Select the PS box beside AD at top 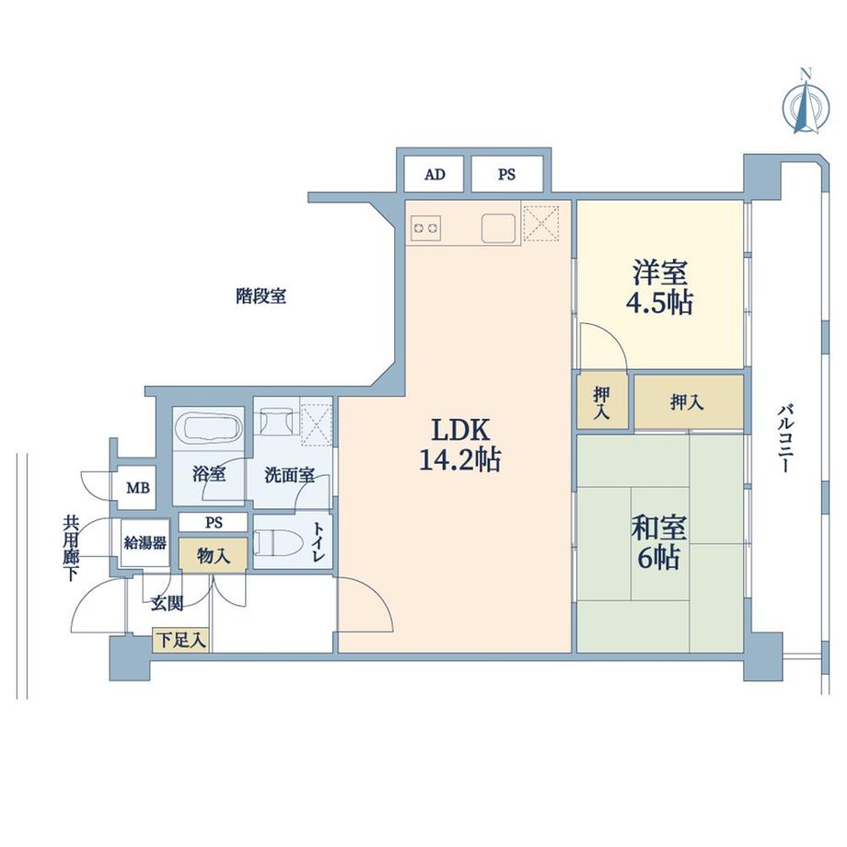point(507,174)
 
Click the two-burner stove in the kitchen point(426,226)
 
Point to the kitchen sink point(498,226)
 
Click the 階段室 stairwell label point(261,296)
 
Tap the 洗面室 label point(289,476)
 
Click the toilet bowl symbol point(276,542)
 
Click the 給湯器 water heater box point(145,543)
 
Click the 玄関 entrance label point(167,604)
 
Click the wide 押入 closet point(688,402)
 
